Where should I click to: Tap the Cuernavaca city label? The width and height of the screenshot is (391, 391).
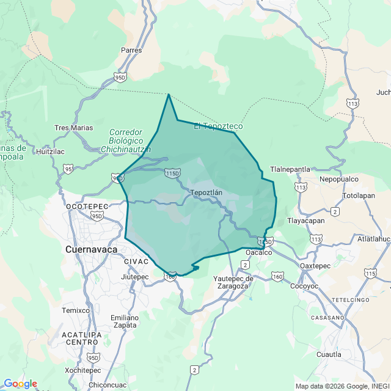[91, 249]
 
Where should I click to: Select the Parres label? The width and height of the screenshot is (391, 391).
[131, 50]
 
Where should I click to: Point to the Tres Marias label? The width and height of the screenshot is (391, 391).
[74, 128]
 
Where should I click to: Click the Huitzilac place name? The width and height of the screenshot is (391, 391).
[50, 151]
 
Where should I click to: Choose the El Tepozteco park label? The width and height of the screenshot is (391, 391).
[218, 126]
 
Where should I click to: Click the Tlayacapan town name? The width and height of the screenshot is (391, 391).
[306, 221]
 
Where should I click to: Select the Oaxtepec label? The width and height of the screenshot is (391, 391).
[315, 266]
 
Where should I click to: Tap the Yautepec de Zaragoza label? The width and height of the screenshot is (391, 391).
[233, 282]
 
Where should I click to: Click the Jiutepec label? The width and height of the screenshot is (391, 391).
[135, 277]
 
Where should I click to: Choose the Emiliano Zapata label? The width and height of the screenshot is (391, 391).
[124, 321]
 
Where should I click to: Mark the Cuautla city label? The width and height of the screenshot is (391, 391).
[329, 354]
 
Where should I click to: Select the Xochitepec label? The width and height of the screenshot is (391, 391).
[82, 370]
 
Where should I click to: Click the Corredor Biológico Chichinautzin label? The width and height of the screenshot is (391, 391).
[126, 141]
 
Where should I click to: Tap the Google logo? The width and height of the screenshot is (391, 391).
[20, 384]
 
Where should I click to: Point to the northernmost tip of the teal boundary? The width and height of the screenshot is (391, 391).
[169, 94]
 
